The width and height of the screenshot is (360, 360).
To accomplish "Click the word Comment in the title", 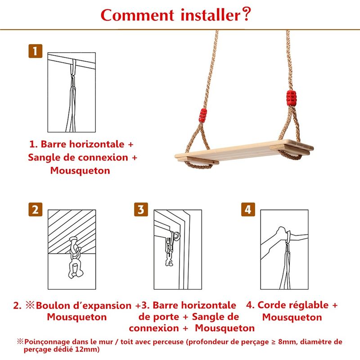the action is coord(137,15).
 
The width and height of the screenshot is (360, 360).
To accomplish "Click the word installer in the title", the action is coord(211,15).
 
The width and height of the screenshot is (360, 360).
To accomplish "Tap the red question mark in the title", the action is coord(246,14).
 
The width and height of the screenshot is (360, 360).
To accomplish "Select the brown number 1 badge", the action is coord(36,51).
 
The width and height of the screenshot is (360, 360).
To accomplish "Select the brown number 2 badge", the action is coord(36,209).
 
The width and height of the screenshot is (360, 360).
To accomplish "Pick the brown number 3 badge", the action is coord(141,209).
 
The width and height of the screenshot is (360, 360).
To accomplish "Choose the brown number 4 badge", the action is coord(248,209).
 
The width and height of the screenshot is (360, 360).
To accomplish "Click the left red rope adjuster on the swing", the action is coord(203,116).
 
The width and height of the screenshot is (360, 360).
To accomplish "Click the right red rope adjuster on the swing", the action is coord(291,98).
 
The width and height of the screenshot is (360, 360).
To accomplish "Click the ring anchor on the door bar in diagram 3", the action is coord(177,237).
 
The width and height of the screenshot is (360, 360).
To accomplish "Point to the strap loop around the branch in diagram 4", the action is coord(288,237).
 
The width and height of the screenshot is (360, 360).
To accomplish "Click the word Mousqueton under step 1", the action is coord(80,171).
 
